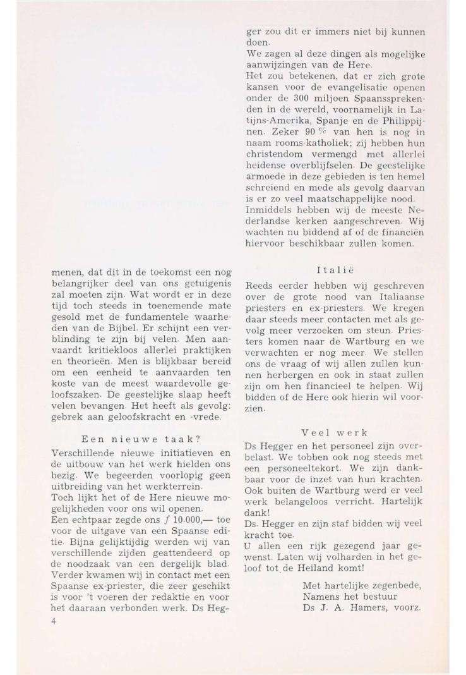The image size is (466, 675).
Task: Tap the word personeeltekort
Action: (301, 496)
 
